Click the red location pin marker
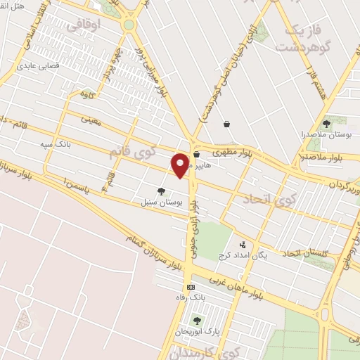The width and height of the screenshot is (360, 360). coord(180,165)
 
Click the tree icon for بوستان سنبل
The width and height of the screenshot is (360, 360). coord(162,191)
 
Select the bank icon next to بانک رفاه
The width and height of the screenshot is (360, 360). coord(191,287)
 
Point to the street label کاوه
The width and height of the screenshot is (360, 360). coord(87,94)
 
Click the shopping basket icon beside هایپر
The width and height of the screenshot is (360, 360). coord(196,155)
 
